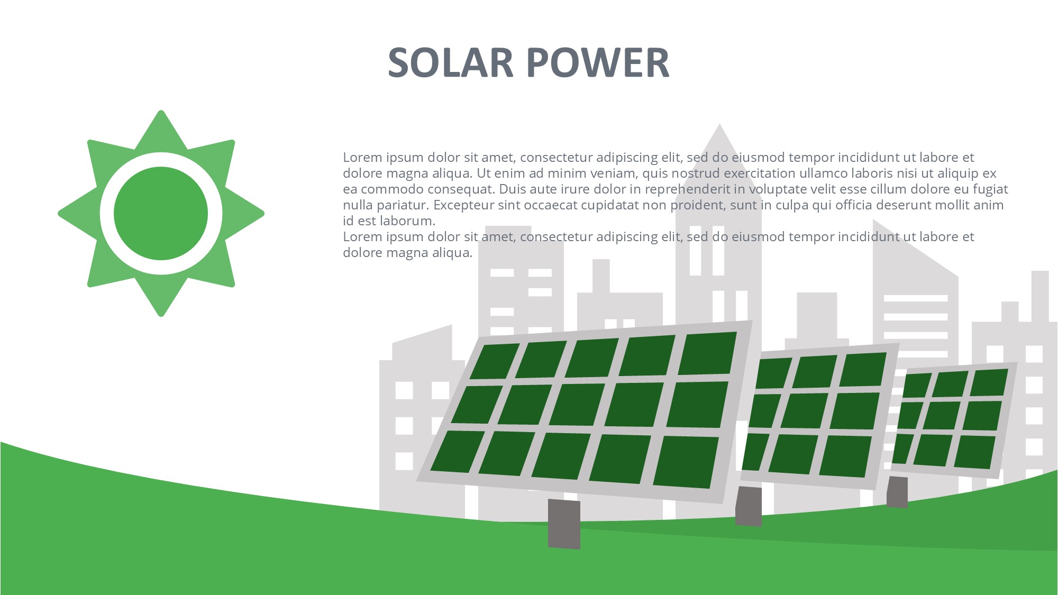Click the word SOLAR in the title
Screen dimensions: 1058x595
(451, 62)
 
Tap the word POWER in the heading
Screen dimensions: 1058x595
(598, 62)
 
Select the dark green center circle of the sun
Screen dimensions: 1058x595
(161, 214)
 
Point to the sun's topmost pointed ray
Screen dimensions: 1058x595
(161, 130)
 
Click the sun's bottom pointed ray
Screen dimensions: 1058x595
(161, 297)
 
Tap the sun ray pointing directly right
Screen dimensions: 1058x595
(244, 214)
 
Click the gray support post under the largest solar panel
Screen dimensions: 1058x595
(564, 524)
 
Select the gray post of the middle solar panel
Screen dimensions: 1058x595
(749, 506)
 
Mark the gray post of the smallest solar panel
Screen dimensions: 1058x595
(897, 492)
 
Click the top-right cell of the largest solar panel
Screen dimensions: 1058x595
(707, 353)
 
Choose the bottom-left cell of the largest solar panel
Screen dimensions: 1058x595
(457, 451)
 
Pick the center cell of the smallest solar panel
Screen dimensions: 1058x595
(942, 415)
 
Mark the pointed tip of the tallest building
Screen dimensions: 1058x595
(719, 124)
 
